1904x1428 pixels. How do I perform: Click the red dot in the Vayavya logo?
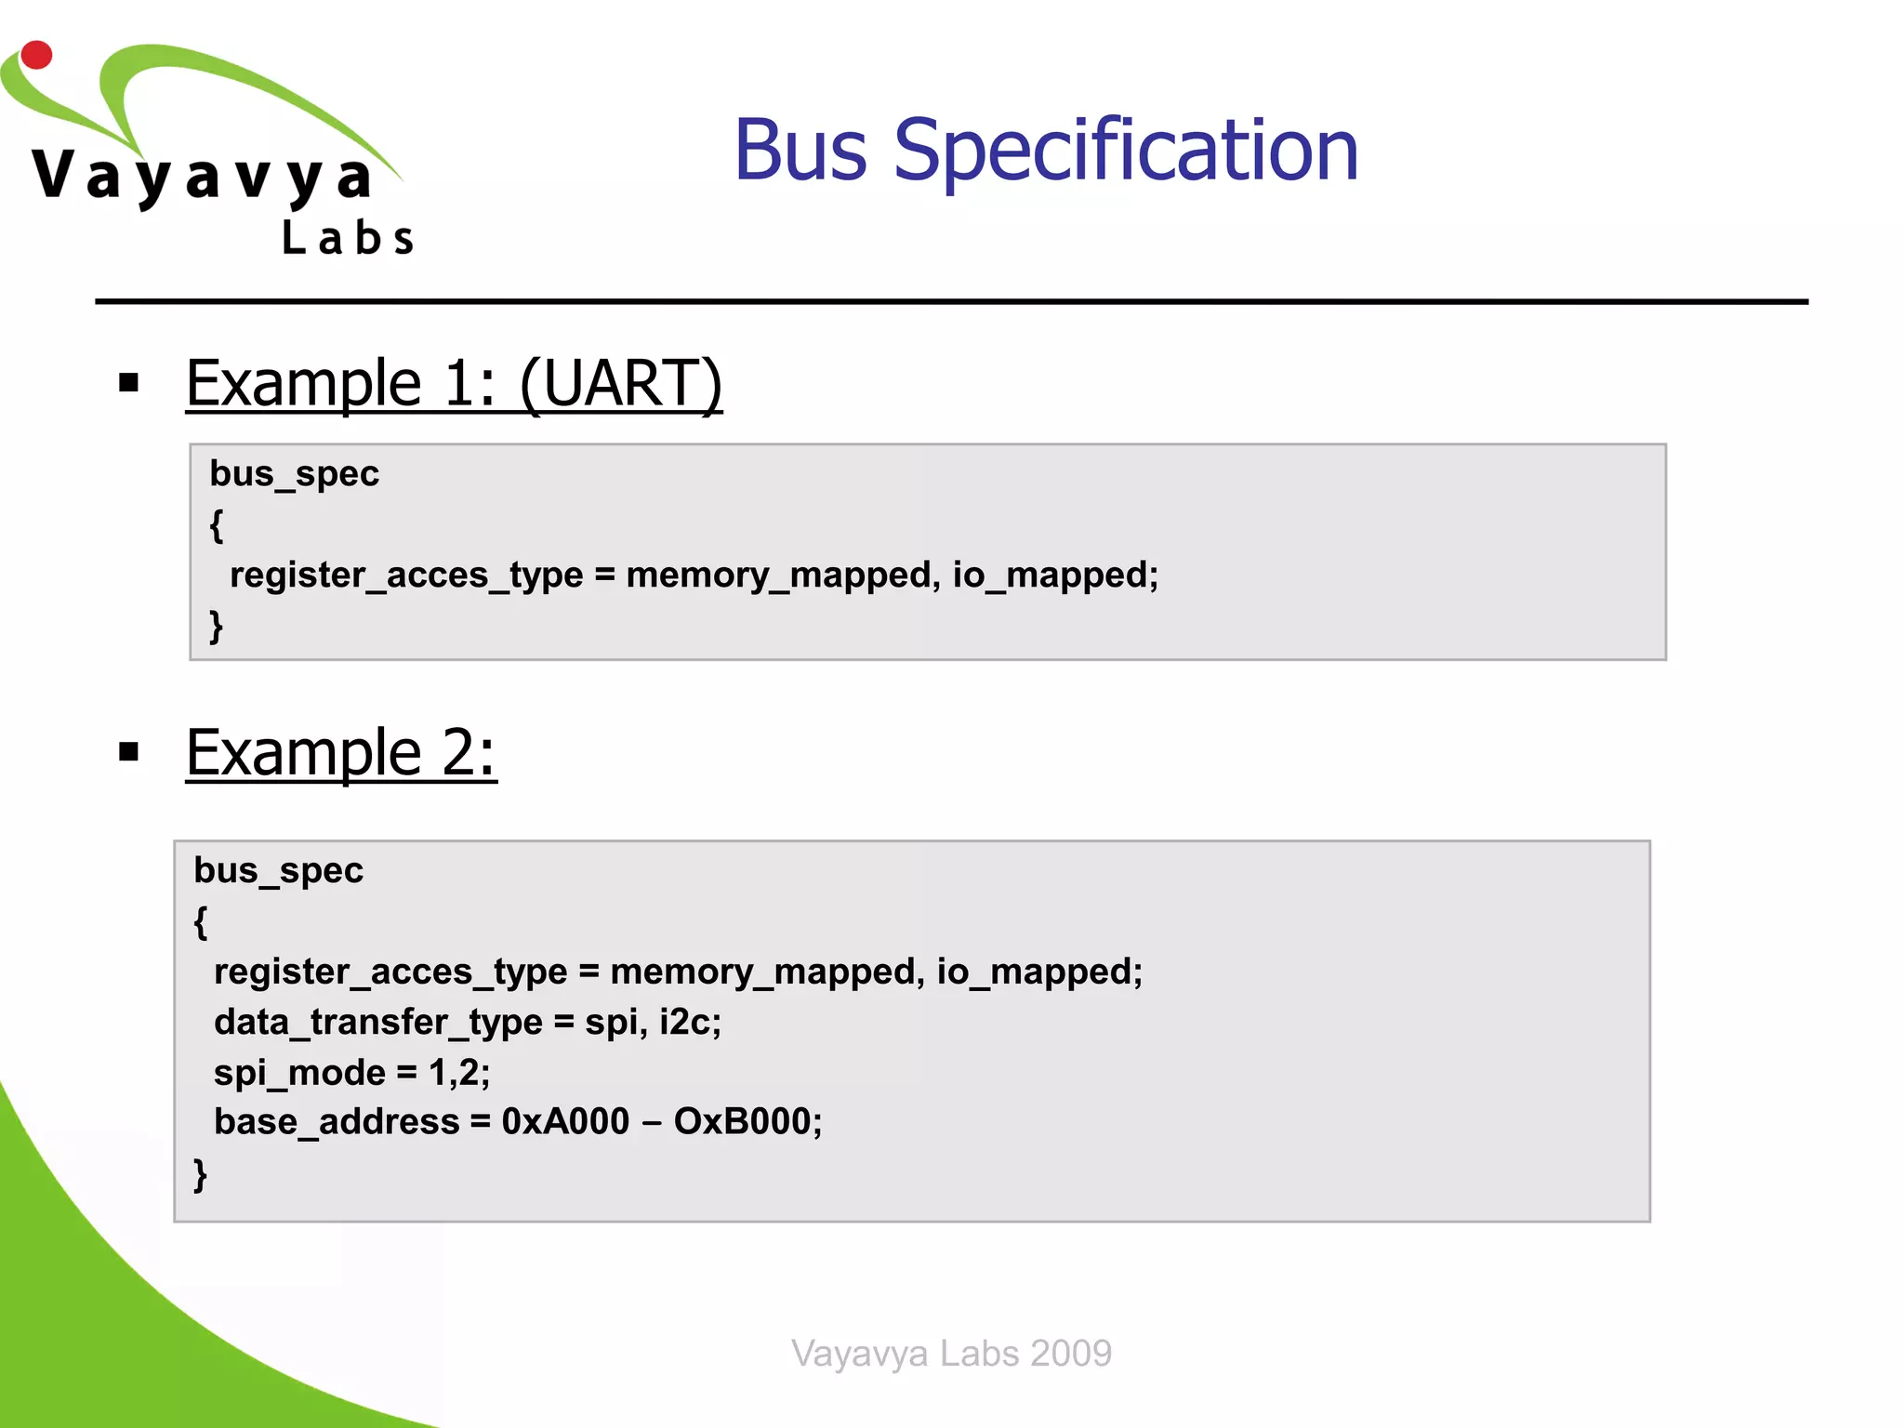click(x=36, y=55)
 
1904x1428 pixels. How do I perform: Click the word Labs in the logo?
click(x=348, y=238)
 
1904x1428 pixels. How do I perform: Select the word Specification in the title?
click(x=1126, y=152)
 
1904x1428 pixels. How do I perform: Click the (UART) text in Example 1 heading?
click(x=621, y=383)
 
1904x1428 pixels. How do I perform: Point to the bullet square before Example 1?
click(x=129, y=382)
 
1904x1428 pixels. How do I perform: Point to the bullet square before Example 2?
click(x=129, y=751)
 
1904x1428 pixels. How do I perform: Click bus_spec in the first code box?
click(x=294, y=474)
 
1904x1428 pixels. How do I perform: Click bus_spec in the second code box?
click(x=278, y=871)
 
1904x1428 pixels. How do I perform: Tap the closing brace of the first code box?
click(x=217, y=626)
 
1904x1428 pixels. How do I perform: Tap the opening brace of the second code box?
click(x=201, y=921)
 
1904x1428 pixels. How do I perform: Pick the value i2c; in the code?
click(x=690, y=1023)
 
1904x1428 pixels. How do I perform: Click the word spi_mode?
click(x=299, y=1073)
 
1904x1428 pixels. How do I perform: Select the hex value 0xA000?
click(x=565, y=1122)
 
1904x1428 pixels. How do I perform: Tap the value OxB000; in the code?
click(x=747, y=1122)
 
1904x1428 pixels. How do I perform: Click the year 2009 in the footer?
click(x=1070, y=1354)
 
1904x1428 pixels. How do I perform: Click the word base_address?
click(x=337, y=1122)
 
